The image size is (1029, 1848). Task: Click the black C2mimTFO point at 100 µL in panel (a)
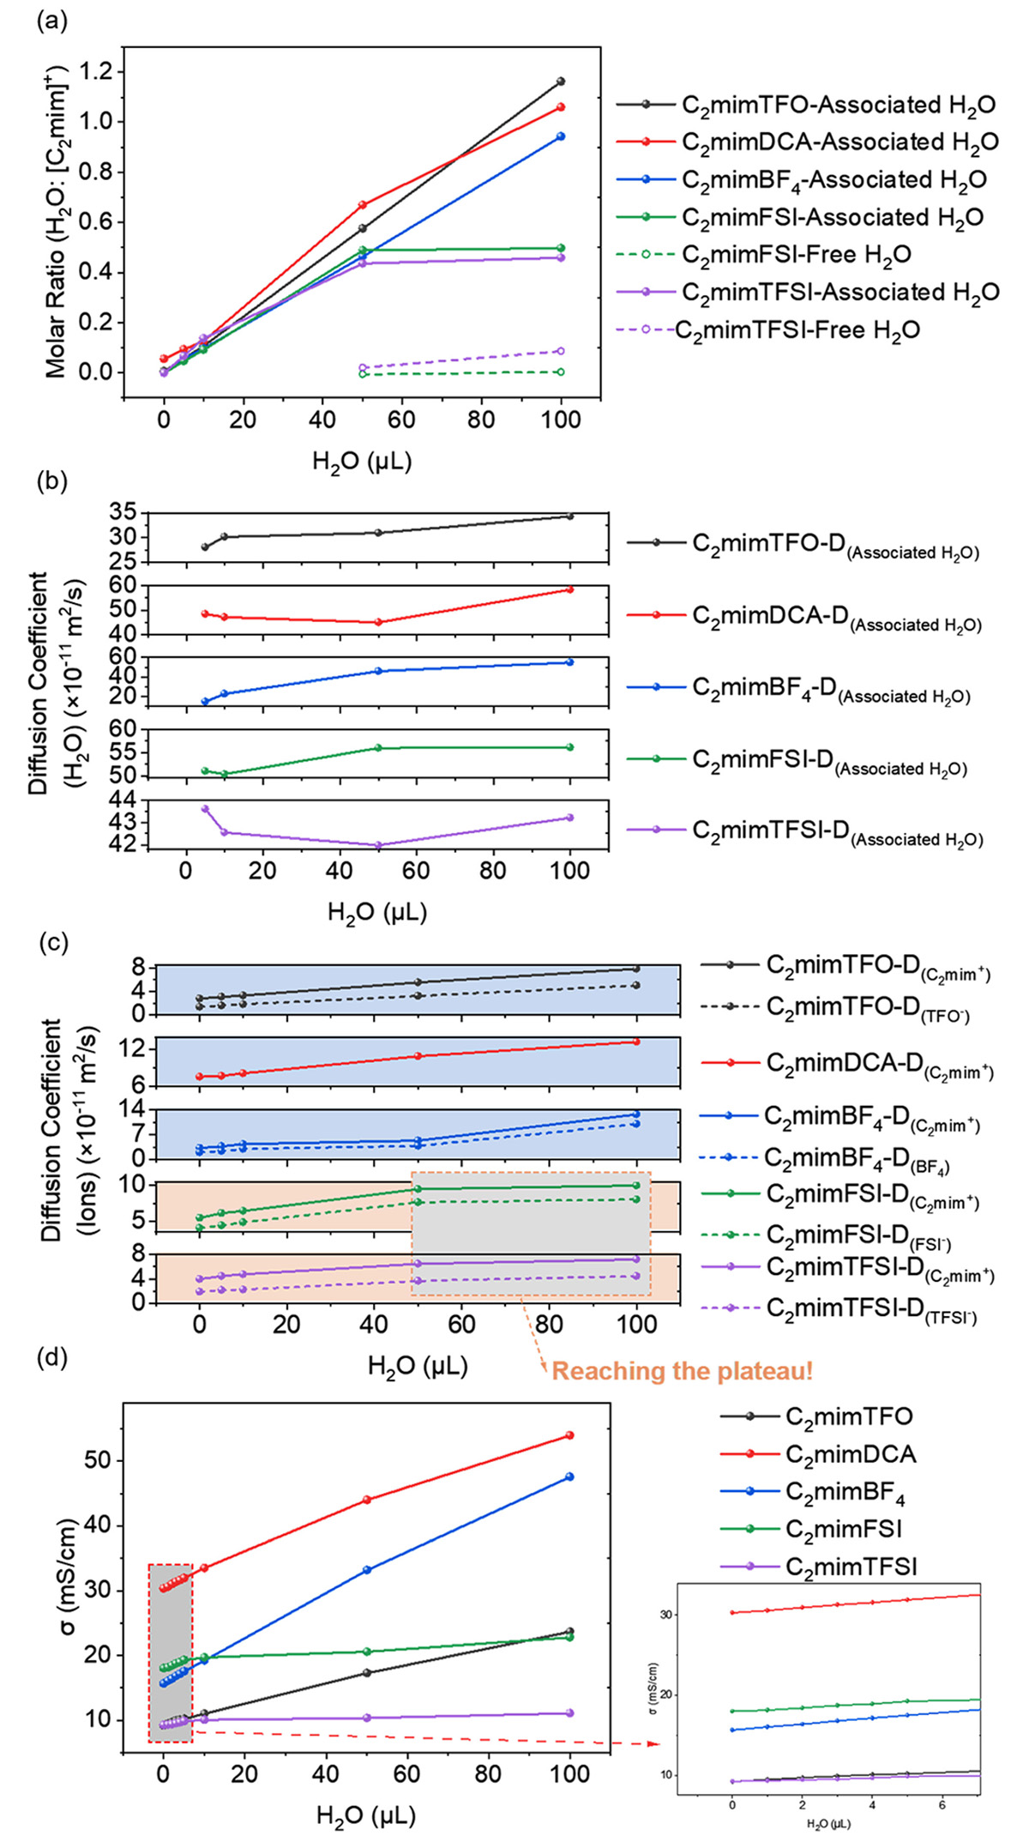tap(561, 82)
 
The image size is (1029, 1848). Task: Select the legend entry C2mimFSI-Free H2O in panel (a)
tap(796, 255)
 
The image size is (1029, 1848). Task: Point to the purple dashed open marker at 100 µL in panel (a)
tap(561, 351)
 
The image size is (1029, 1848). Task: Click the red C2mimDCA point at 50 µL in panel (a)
tap(363, 204)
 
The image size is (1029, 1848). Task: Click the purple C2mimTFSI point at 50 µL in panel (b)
tap(378, 845)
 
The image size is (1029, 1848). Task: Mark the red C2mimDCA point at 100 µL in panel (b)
tap(570, 589)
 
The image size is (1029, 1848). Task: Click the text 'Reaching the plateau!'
tap(682, 1370)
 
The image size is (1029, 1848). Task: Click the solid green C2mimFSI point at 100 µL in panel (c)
tap(636, 1185)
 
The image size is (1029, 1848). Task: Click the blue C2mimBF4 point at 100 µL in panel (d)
tap(569, 1477)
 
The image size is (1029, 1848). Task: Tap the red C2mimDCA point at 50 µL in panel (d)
tap(367, 1500)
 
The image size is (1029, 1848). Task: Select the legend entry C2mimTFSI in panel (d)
tap(851, 1567)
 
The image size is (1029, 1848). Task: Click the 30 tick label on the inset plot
tap(665, 1614)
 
